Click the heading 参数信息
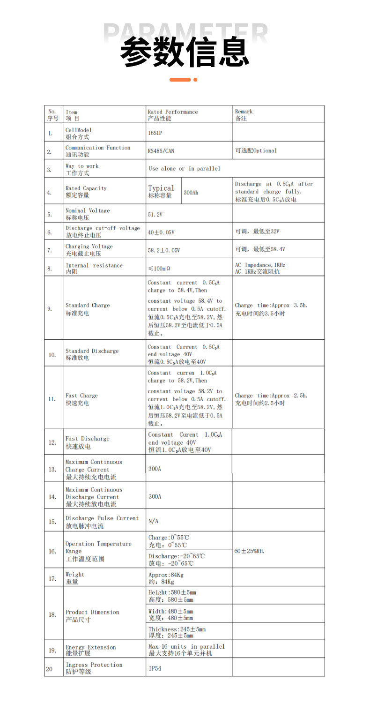tap(185, 52)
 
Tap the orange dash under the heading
tap(180, 80)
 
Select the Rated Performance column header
tap(172, 115)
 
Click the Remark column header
tap(244, 115)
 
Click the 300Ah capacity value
tap(191, 192)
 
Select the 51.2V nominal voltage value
tap(155, 214)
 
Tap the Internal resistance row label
tap(94, 268)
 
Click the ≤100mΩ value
tap(159, 269)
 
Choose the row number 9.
tap(50, 309)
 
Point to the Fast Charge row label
tap(81, 399)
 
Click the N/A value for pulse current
tap(153, 521)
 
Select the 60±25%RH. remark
tap(249, 551)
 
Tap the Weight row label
tap(75, 578)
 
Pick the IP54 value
tap(155, 669)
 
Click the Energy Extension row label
tap(90, 650)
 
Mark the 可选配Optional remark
tap(256, 151)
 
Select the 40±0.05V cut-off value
tap(161, 232)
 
